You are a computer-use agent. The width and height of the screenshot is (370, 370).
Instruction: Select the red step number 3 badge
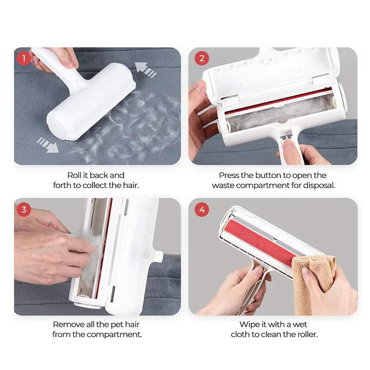(24, 210)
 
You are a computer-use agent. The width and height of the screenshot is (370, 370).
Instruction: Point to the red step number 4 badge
(201, 210)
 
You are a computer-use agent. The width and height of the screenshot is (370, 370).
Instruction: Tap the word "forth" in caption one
(63, 185)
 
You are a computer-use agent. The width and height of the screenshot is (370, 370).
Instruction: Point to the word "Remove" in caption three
(68, 325)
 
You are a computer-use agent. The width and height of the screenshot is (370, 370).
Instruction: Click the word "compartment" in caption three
(119, 334)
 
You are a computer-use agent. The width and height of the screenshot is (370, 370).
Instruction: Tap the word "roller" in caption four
(306, 334)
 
